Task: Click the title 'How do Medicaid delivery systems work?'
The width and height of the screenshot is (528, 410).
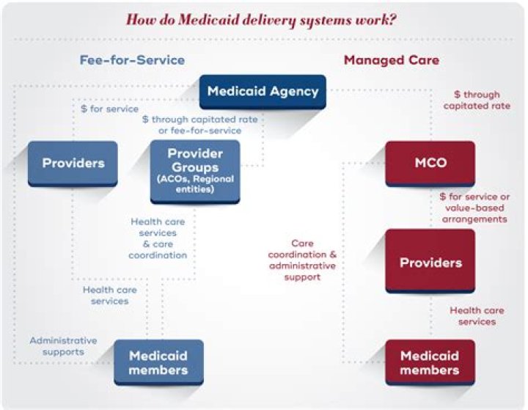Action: [x=262, y=19]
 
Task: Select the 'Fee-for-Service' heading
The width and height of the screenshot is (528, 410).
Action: [x=132, y=59]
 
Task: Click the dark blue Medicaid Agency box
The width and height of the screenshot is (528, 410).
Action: [x=263, y=92]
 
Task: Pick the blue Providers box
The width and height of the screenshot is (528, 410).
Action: [x=72, y=162]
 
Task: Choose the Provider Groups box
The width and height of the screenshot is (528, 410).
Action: [x=195, y=171]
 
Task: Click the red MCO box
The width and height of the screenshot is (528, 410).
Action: [x=430, y=162]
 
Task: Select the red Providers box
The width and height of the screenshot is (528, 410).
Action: [x=430, y=262]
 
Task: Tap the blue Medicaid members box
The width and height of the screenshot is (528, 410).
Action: [x=158, y=362]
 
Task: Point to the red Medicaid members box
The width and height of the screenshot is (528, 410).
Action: [x=430, y=362]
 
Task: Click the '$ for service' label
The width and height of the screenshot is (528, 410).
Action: [x=109, y=109]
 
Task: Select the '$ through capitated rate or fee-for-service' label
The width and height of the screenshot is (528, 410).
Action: [x=191, y=125]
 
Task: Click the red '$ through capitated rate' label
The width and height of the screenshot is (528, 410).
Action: [x=477, y=100]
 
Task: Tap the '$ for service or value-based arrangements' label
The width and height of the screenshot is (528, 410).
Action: [x=473, y=208]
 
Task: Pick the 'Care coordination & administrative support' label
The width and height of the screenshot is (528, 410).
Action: [x=303, y=260]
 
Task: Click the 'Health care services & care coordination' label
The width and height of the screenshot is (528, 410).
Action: [x=158, y=238]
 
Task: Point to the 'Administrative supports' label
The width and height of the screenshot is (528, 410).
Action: [x=63, y=346]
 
